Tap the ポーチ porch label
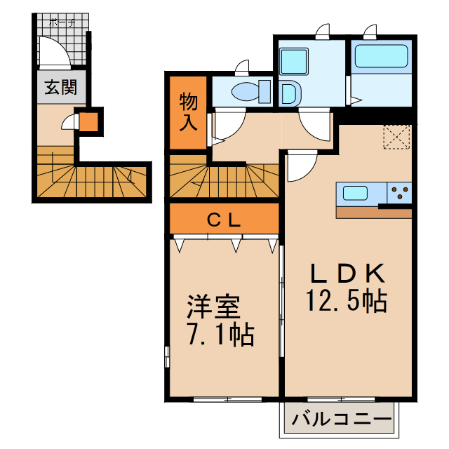pyautogui.click(x=62, y=22)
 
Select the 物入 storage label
pyautogui.click(x=189, y=112)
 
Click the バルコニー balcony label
pyautogui.click(x=341, y=422)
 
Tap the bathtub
pyautogui.click(x=381, y=57)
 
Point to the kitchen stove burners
pyautogui.click(x=399, y=192)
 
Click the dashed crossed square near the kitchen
pyautogui.click(x=397, y=137)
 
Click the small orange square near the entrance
pyautogui.click(x=88, y=123)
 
